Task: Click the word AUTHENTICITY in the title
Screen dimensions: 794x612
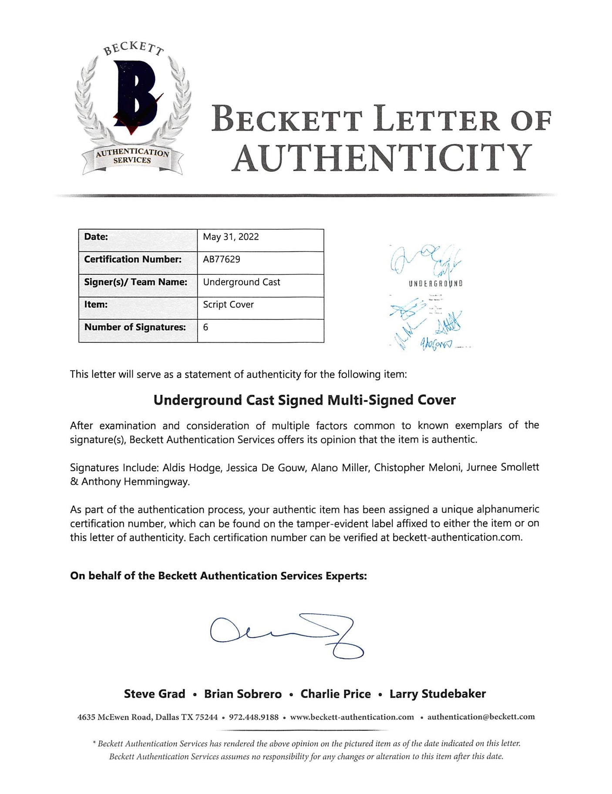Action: (x=381, y=158)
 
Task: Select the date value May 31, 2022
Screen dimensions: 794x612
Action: (x=231, y=237)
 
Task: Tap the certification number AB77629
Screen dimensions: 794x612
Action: (x=222, y=260)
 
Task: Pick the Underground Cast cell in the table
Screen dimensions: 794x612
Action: (x=242, y=282)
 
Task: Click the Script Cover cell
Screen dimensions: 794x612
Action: (x=228, y=305)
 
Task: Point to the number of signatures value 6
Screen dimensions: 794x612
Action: (x=205, y=328)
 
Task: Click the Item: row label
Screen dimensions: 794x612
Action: (x=96, y=305)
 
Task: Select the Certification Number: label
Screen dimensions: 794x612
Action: (x=133, y=260)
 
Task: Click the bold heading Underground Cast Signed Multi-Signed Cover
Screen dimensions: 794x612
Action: (x=304, y=400)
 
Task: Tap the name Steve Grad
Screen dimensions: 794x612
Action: (x=155, y=694)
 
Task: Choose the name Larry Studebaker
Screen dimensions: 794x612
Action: (x=437, y=694)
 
